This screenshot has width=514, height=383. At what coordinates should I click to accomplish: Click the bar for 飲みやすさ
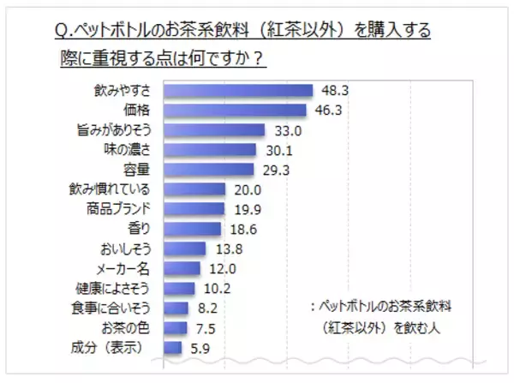[237, 90]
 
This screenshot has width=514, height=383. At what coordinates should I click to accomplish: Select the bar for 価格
[234, 110]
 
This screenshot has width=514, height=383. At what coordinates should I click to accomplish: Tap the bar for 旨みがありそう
[213, 129]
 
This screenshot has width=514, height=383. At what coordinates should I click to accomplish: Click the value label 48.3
[332, 90]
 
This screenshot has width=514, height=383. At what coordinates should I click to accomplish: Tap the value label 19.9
[243, 209]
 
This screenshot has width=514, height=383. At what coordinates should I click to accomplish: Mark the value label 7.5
[204, 328]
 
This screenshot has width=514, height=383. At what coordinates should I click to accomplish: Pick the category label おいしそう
[123, 248]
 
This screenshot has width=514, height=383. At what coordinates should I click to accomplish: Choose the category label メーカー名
[123, 268]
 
